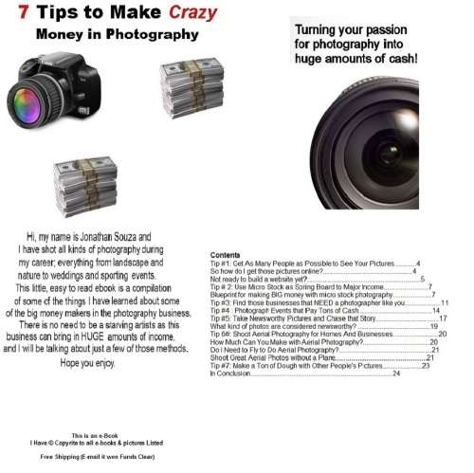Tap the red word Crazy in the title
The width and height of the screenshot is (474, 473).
193,13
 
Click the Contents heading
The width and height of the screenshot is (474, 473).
225,256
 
